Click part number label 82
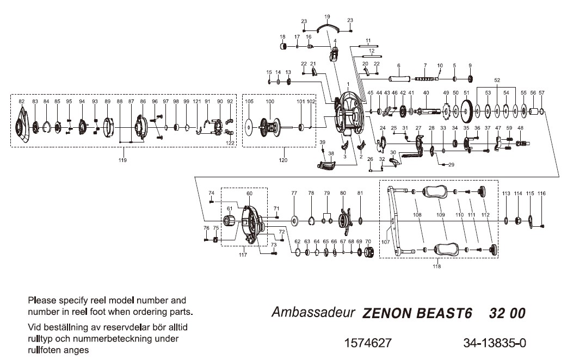22,102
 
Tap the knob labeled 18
283,47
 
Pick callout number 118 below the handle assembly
436,266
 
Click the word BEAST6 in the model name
445,314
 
